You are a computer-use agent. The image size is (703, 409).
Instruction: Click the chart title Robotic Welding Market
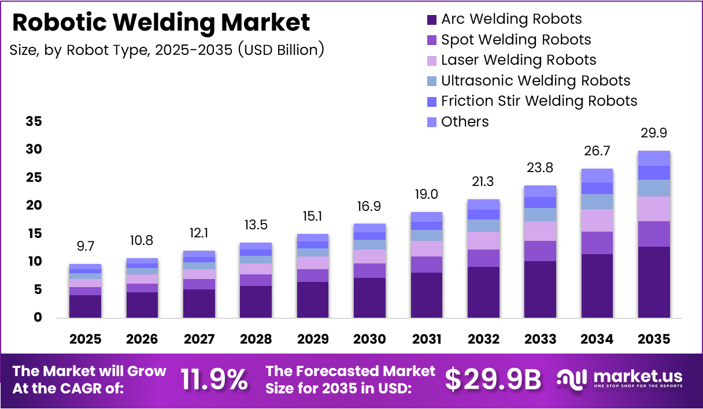(x=161, y=23)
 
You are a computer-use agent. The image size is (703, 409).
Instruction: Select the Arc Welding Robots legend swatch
(x=432, y=20)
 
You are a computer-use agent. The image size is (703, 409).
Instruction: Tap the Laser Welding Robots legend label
(x=518, y=60)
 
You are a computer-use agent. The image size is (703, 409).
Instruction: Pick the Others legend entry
(x=464, y=122)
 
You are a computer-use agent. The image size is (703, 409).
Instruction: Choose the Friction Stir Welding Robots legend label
(x=539, y=101)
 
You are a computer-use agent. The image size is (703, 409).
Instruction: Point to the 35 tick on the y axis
(x=34, y=122)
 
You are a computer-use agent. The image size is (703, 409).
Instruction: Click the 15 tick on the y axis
(x=34, y=233)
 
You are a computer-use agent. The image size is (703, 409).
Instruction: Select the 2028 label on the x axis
(x=256, y=339)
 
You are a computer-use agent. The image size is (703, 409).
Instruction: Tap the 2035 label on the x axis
(x=654, y=339)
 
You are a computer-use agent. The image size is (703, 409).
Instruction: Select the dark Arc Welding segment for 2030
(x=369, y=298)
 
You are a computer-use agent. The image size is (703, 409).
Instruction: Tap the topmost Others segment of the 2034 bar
(x=597, y=176)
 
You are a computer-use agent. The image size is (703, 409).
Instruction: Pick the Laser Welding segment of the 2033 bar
(x=540, y=231)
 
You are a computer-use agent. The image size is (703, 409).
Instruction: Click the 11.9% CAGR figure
(x=214, y=380)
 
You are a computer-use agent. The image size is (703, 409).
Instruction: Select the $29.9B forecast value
(x=493, y=380)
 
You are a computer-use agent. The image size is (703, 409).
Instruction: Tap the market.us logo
(x=620, y=379)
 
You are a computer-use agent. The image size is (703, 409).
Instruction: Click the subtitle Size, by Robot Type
(x=166, y=50)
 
